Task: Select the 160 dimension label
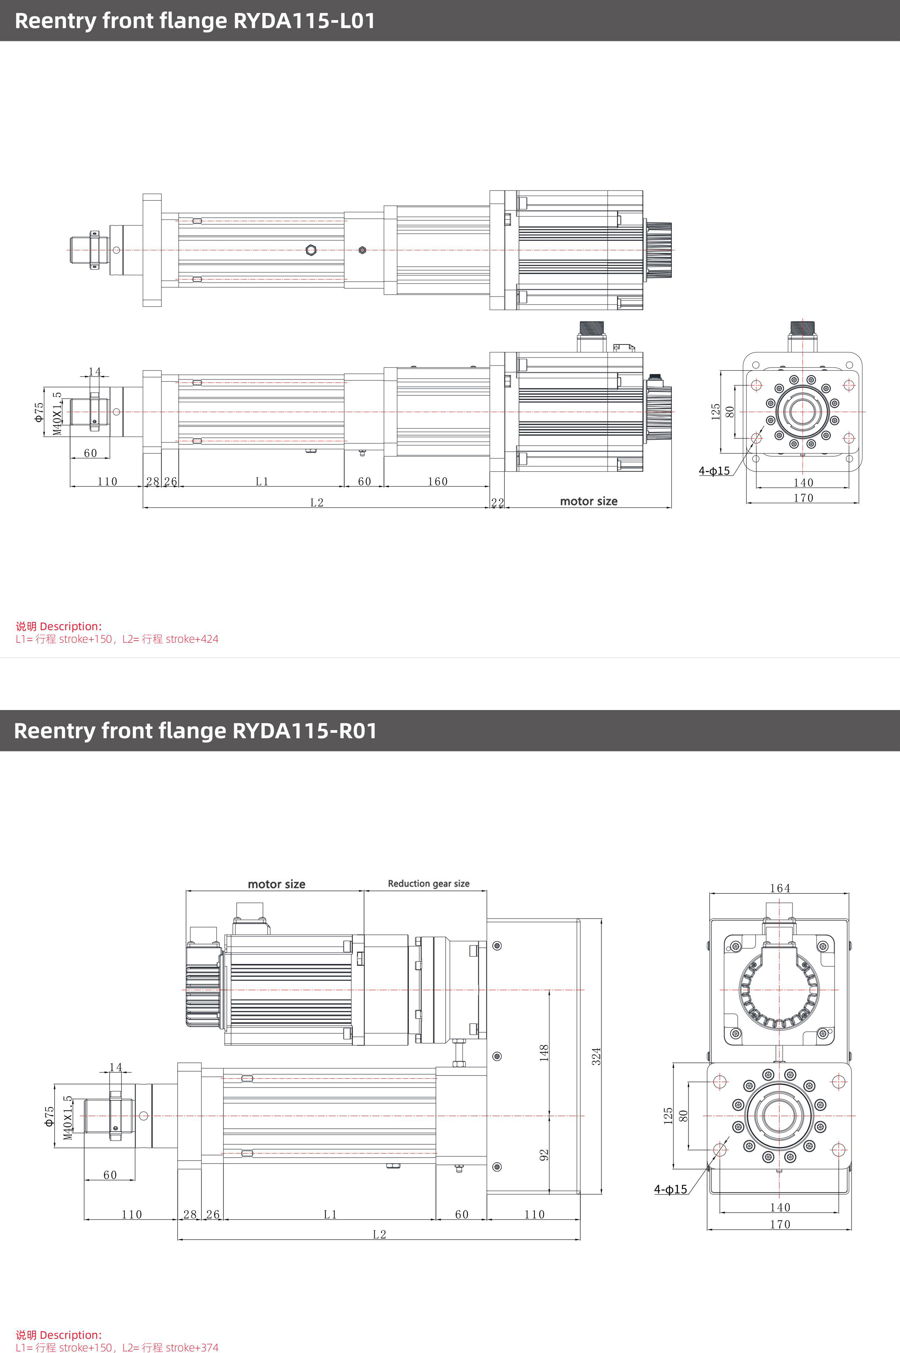coord(438,481)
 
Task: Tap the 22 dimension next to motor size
coord(497,503)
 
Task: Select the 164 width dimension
coord(780,888)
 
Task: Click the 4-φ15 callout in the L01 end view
coord(714,471)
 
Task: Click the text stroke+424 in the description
coord(192,639)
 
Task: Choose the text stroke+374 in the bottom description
coord(192,1347)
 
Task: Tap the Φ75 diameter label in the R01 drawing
coord(49,1116)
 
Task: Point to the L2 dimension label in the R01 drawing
coord(379,1234)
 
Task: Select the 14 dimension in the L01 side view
coord(95,372)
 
